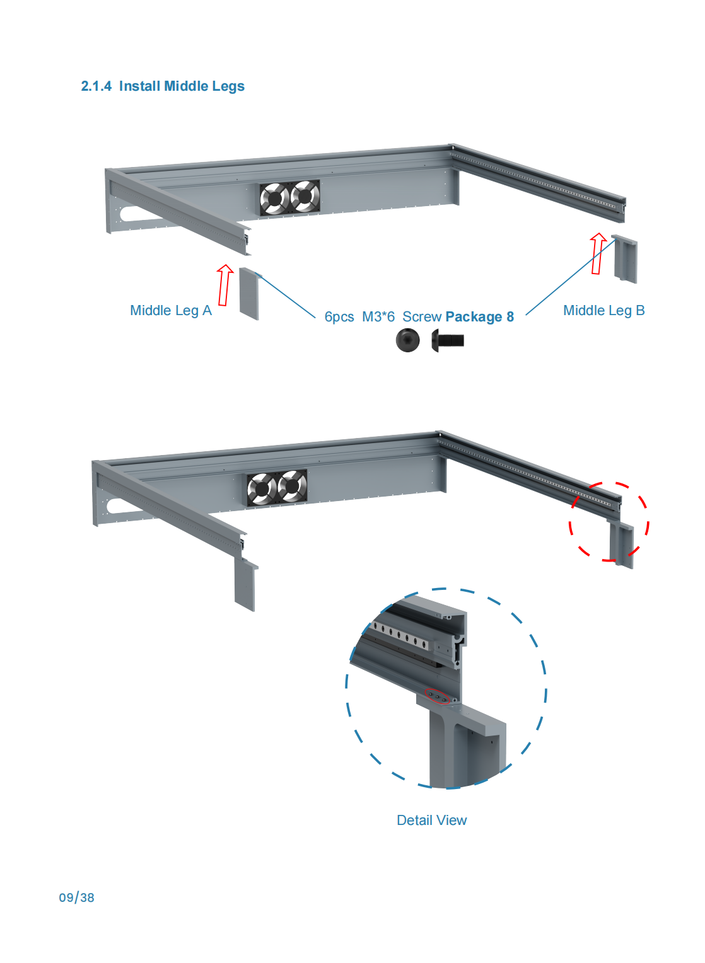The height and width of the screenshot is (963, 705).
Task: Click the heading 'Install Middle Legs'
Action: pyautogui.click(x=182, y=86)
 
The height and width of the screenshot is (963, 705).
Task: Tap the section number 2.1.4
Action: pyautogui.click(x=96, y=86)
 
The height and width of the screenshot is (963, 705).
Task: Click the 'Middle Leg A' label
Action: pyautogui.click(x=171, y=311)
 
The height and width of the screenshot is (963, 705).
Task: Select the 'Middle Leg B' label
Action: pyautogui.click(x=604, y=311)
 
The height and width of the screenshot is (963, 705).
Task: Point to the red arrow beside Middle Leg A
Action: pyautogui.click(x=225, y=285)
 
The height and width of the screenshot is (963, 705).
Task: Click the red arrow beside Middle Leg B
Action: pyautogui.click(x=597, y=253)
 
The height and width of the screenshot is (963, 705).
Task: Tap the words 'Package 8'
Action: pyautogui.click(x=480, y=317)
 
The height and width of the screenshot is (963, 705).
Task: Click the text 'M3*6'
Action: pyautogui.click(x=378, y=317)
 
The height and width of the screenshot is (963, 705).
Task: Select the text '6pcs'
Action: pyautogui.click(x=339, y=317)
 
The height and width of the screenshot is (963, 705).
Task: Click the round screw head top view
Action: pyautogui.click(x=407, y=340)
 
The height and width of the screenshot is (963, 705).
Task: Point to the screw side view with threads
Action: pyautogui.click(x=447, y=340)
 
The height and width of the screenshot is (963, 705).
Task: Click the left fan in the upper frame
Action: pyautogui.click(x=274, y=198)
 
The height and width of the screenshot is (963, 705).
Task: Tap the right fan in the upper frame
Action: pyautogui.click(x=305, y=196)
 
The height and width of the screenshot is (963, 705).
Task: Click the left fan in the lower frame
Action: pyautogui.click(x=262, y=488)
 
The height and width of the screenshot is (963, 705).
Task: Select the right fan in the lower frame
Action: pyautogui.click(x=292, y=486)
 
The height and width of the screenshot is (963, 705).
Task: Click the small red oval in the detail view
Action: pyautogui.click(x=437, y=696)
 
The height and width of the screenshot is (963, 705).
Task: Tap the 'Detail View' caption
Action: pyautogui.click(x=431, y=821)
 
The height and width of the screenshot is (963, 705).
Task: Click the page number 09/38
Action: pyautogui.click(x=76, y=897)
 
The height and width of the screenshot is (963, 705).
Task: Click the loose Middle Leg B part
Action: pyautogui.click(x=624, y=259)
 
